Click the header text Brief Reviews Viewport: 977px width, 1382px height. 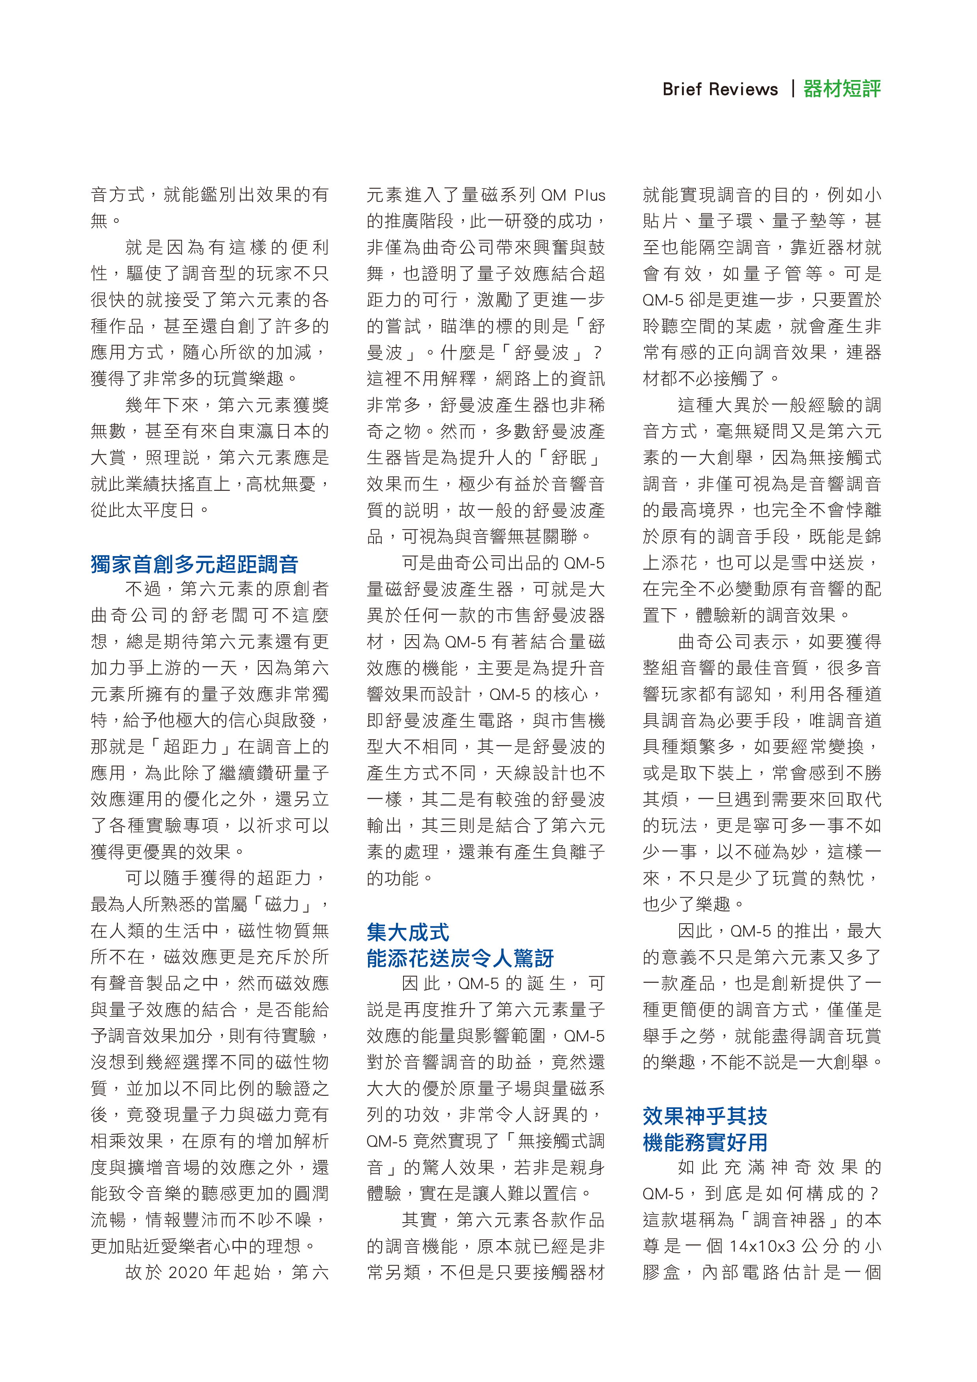tap(719, 89)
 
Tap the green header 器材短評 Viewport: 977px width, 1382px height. tap(842, 89)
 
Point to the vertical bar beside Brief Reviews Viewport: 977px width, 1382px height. tap(793, 89)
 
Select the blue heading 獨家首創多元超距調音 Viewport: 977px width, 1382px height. tap(194, 564)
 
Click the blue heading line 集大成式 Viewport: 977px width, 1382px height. tap(407, 932)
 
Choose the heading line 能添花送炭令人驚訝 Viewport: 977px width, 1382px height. tap(460, 958)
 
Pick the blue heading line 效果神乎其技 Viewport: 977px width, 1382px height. tap(704, 1116)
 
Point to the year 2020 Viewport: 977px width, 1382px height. tap(189, 1272)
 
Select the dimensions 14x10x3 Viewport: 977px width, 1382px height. tap(762, 1246)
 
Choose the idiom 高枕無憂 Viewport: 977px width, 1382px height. tap(280, 484)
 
